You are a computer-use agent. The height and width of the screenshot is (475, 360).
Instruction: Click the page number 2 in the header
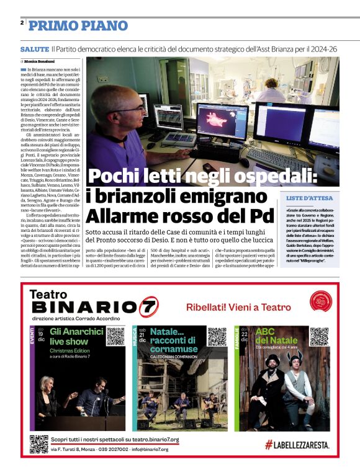[x=22, y=23]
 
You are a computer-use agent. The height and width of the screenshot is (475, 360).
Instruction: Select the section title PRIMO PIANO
[x=78, y=25]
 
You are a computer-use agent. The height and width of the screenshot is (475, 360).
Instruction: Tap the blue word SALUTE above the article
[x=34, y=48]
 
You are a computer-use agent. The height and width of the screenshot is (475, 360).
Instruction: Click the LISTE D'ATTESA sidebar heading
[x=309, y=198]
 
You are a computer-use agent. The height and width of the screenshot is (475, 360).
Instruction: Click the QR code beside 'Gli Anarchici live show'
[x=115, y=336]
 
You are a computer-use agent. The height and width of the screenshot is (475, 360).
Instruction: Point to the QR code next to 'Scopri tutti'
[x=38, y=444]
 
